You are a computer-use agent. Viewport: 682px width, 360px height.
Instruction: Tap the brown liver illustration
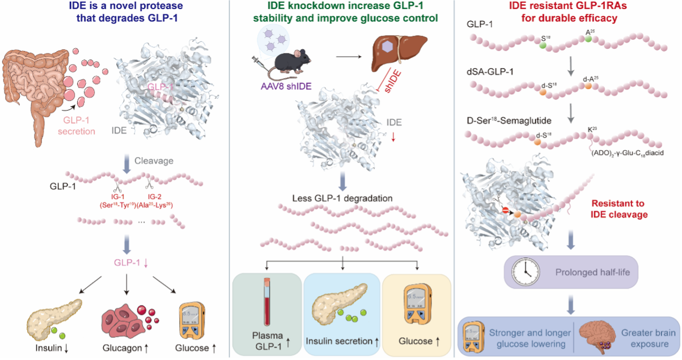400,52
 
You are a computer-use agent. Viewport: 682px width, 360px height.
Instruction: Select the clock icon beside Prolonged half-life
526,272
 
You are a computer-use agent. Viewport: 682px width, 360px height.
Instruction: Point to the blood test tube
267,302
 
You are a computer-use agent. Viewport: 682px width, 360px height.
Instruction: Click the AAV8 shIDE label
286,86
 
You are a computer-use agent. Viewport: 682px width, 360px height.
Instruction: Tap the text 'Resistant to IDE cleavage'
619,209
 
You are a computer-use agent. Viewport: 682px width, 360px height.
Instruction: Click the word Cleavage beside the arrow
154,161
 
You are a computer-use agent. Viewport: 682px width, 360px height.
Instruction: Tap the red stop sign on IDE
505,210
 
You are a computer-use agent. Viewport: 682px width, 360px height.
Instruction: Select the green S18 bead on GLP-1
542,46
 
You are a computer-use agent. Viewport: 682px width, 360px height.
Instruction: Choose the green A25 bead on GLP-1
588,39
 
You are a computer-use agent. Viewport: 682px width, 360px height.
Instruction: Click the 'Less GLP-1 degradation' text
342,198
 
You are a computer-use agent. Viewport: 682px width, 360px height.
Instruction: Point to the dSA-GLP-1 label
490,72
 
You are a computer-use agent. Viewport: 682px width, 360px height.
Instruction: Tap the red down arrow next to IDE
393,137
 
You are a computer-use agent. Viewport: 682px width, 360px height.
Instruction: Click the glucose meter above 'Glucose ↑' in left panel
192,321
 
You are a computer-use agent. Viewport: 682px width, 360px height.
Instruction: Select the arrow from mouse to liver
349,57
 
